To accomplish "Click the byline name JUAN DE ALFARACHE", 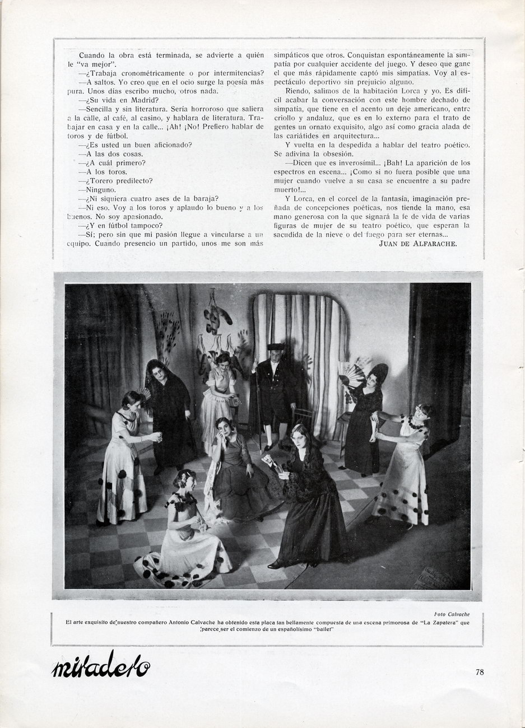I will (418, 243).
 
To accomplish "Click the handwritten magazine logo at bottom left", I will (101, 665).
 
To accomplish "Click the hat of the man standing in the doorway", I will (276, 346).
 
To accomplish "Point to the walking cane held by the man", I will (259, 409).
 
